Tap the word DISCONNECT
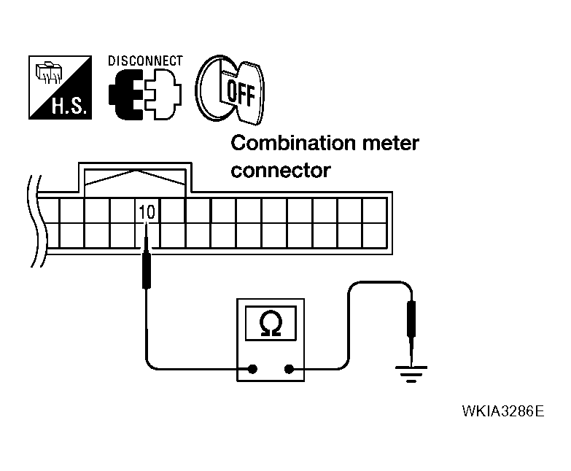tap(146, 61)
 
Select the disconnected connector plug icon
tap(144, 95)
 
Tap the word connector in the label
tap(281, 171)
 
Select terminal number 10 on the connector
tap(146, 211)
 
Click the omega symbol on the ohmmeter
tap(271, 323)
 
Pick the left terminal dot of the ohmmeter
tap(252, 369)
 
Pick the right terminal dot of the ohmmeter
tap(290, 369)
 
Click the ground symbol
tap(412, 374)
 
